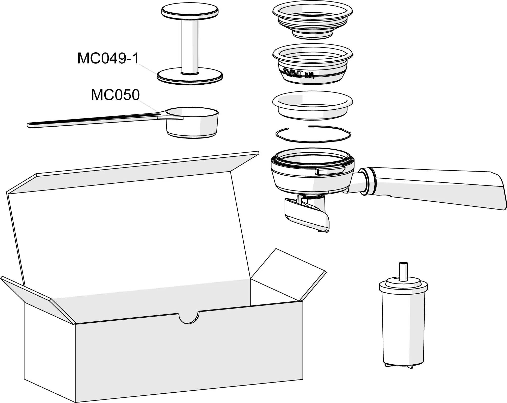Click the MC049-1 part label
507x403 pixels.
tap(108, 58)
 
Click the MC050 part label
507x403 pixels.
tap(115, 95)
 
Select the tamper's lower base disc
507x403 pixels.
tap(190, 77)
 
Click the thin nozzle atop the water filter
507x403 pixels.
tap(403, 271)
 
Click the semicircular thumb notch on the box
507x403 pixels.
tap(189, 319)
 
